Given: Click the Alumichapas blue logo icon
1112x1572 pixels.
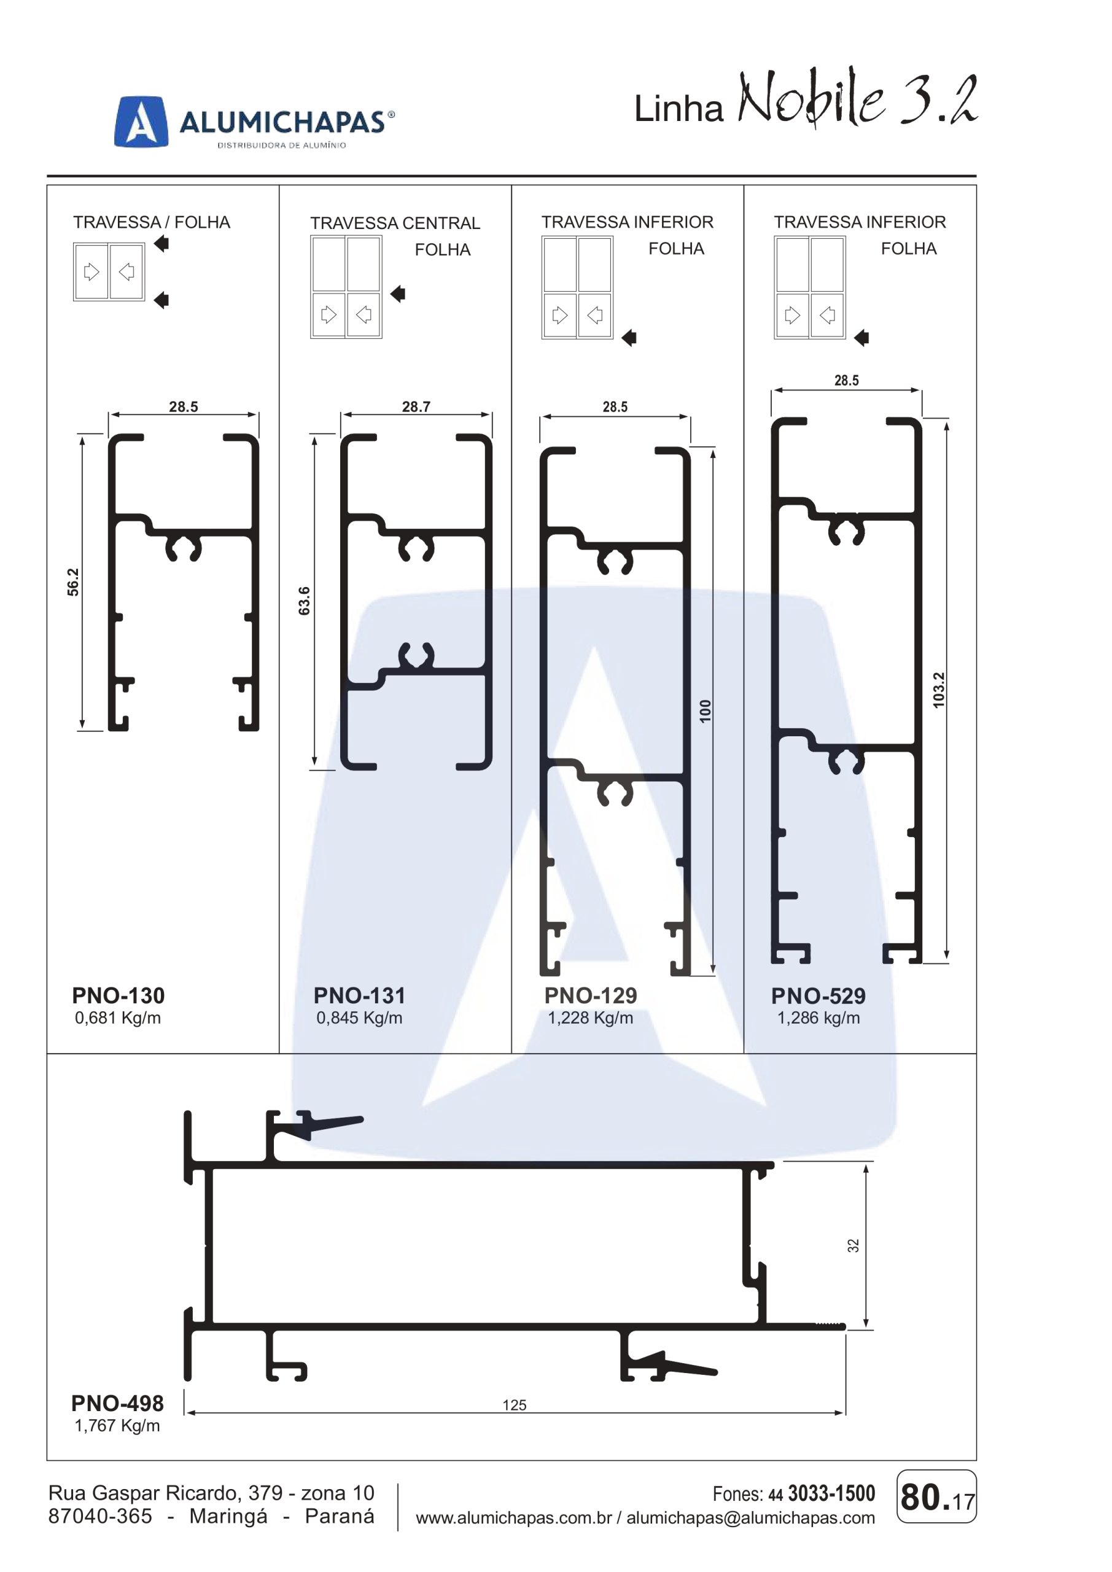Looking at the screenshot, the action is click(x=141, y=121).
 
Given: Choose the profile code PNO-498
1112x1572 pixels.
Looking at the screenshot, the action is click(x=118, y=1403).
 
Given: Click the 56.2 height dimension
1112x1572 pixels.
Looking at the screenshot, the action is click(x=73, y=582).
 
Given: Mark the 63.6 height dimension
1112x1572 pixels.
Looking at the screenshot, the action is click(x=305, y=601).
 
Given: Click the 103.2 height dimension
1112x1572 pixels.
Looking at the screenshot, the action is click(x=939, y=690).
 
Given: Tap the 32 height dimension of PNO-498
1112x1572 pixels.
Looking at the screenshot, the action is click(x=853, y=1245).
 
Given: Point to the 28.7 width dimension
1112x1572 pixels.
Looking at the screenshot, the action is click(x=416, y=407).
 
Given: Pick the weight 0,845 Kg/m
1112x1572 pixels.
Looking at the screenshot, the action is click(x=359, y=1018).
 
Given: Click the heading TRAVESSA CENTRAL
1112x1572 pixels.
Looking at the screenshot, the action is click(x=395, y=223).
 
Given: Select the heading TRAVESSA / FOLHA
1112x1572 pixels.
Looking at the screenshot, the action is click(x=151, y=222).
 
